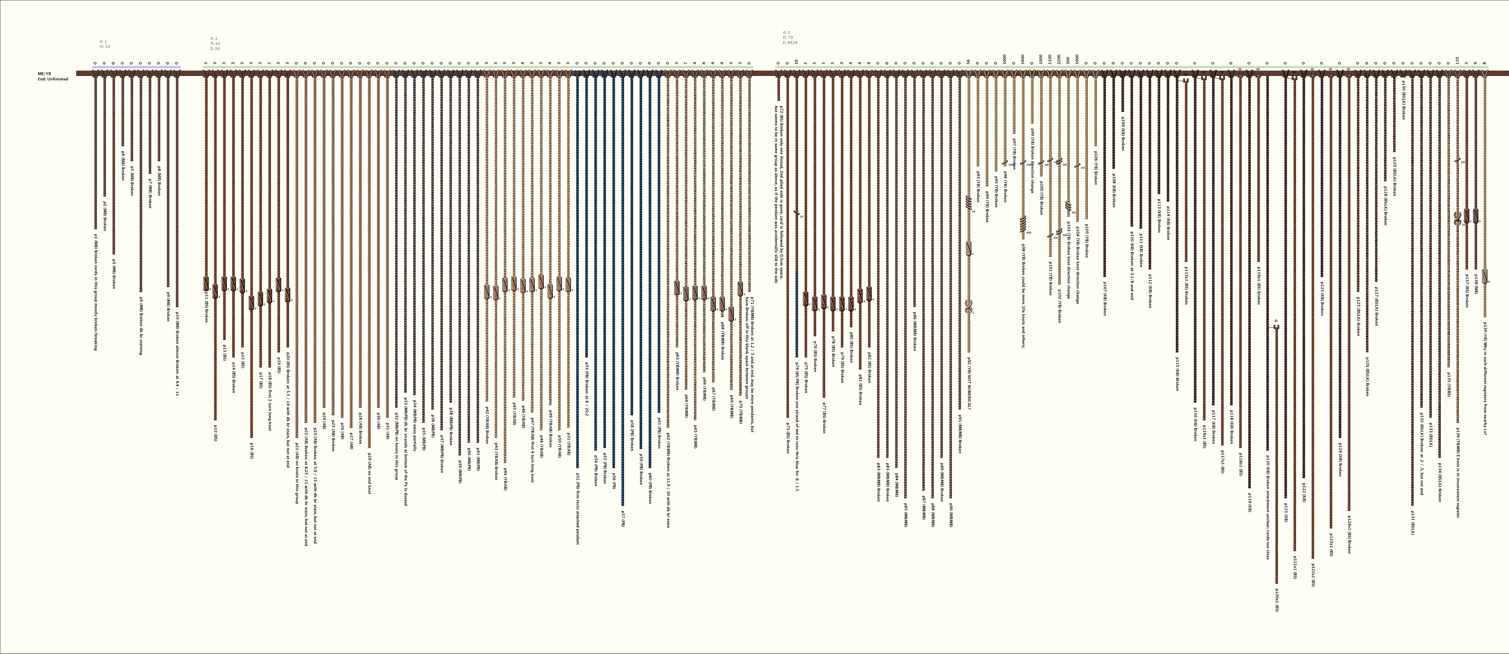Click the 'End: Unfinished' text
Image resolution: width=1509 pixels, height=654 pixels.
pyautogui.click(x=53, y=79)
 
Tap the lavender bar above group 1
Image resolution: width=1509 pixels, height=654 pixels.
pyautogui.click(x=137, y=67)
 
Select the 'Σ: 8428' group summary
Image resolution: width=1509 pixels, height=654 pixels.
pyautogui.click(x=790, y=43)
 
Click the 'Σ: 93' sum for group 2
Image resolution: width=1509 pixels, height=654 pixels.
pyautogui.click(x=215, y=49)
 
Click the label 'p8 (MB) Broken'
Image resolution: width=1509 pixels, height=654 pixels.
pyautogui.click(x=159, y=180)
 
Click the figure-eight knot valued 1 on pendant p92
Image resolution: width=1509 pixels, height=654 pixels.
pyautogui.click(x=968, y=306)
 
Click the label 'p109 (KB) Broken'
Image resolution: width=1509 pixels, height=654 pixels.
pyautogui.click(x=1122, y=133)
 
